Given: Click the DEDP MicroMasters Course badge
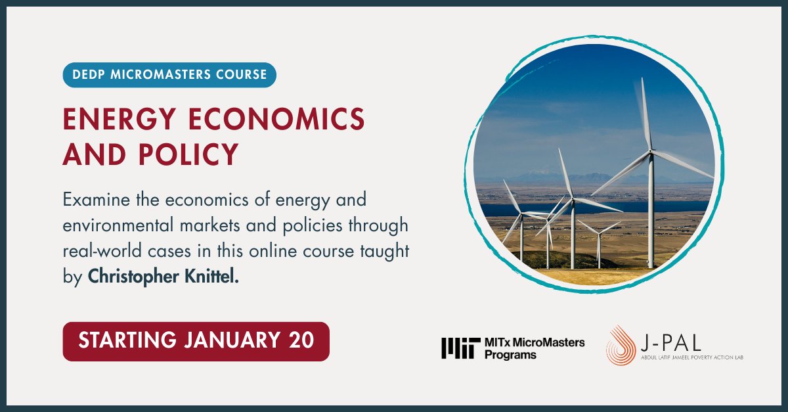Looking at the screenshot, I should (169, 75).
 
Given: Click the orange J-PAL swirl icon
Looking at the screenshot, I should (619, 345).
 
